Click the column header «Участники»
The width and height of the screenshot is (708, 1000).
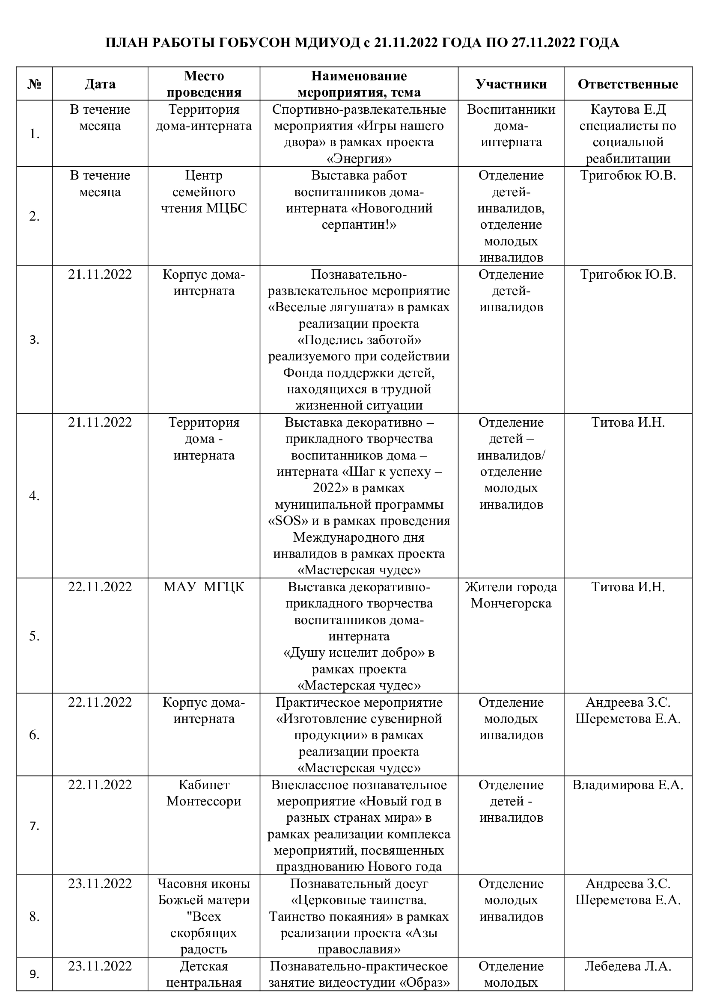coord(511,84)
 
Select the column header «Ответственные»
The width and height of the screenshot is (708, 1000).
coord(628,84)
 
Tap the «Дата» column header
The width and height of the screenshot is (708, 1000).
coord(100,84)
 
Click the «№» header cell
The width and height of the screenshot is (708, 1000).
coord(34,84)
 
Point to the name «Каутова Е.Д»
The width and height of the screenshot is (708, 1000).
coord(628,109)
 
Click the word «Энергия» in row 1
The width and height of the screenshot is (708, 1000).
coord(359,159)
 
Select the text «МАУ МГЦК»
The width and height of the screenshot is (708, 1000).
coord(204,587)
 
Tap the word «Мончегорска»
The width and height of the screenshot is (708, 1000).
coord(511,603)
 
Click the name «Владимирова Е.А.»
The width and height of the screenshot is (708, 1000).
coord(628,785)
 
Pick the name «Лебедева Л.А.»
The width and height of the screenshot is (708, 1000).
coord(628,966)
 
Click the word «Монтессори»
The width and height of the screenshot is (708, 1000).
coord(204,801)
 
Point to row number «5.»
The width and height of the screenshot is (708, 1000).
coord(34,636)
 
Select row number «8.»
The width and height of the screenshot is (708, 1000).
coord(34,917)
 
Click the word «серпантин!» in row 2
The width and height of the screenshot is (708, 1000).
coord(359,225)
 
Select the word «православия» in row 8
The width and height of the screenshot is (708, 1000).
coord(359,950)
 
